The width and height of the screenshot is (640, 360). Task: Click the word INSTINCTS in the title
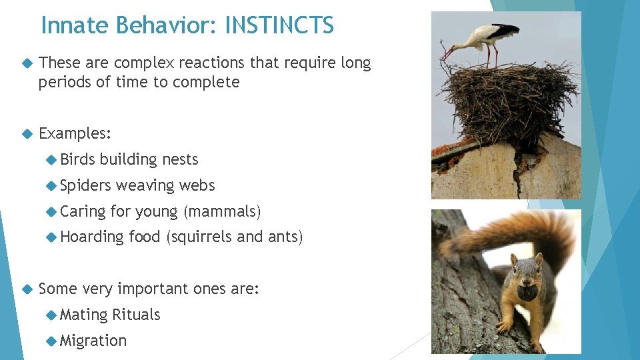click(279, 25)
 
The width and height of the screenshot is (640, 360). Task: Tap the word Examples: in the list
click(75, 133)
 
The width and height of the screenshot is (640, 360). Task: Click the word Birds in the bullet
click(77, 159)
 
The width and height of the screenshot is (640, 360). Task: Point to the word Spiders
click(85, 185)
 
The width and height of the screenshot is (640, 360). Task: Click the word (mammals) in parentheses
click(222, 211)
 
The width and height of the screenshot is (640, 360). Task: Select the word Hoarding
click(92, 237)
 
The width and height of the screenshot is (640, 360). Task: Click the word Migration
click(93, 341)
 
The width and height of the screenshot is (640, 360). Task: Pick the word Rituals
click(136, 315)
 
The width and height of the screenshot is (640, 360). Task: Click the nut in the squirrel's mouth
click(527, 292)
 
